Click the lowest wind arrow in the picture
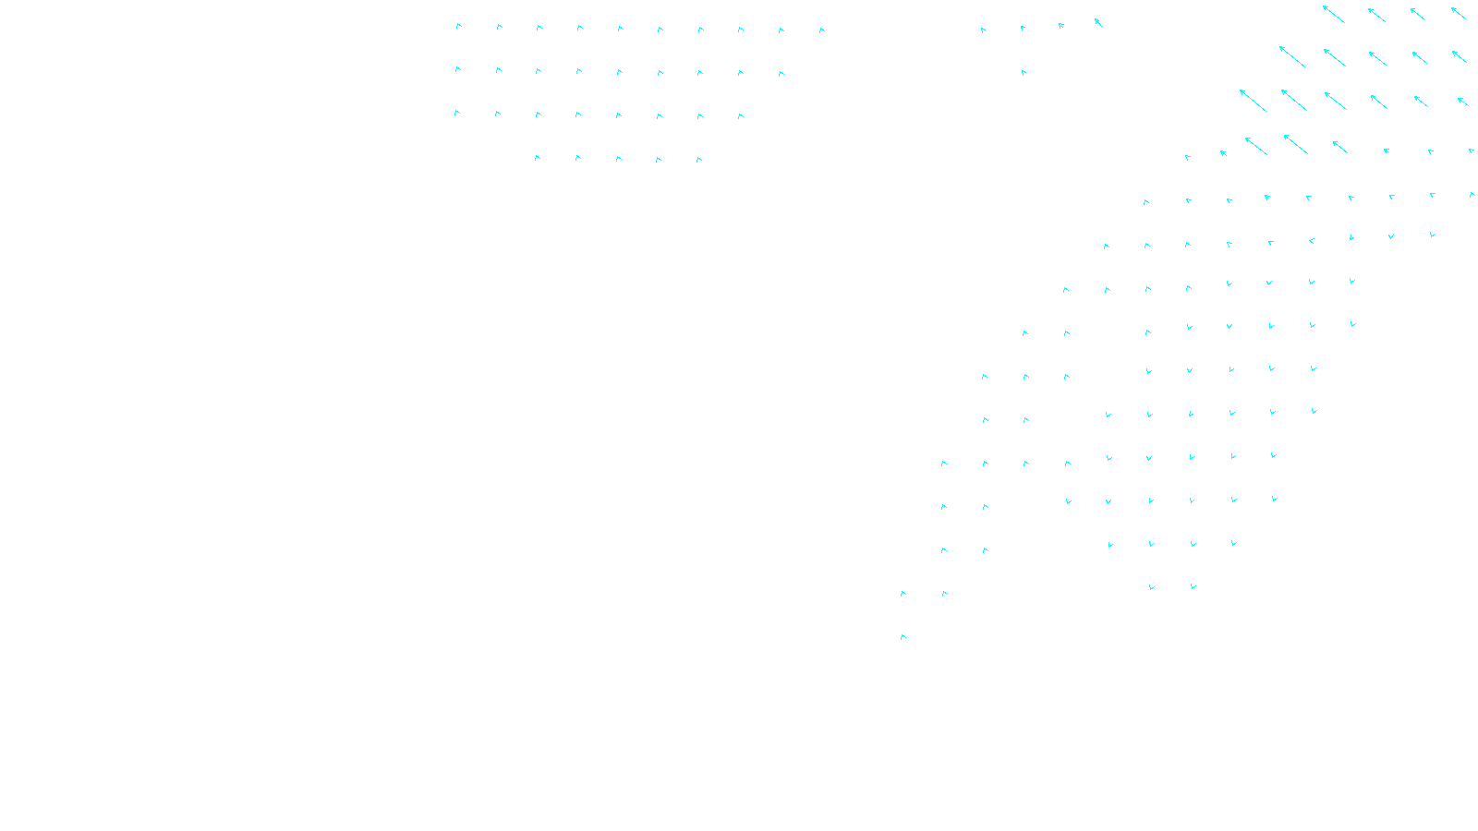coord(903,637)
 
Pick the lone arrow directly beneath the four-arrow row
coord(1024,72)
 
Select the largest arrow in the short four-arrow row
coord(1098,22)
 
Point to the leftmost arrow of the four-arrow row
coord(983,30)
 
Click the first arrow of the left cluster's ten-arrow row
coord(458,26)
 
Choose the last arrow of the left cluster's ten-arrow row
coord(821,30)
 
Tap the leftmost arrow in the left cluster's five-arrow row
coord(537,158)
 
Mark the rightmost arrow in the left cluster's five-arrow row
coord(699,160)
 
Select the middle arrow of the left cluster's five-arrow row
coord(618,159)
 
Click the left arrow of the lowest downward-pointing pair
coord(1151,587)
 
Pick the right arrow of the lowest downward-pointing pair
coord(1193,586)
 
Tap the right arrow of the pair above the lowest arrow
coord(944,594)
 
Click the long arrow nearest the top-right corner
coord(1459,13)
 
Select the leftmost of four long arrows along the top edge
coord(1333,14)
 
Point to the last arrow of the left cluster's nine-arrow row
coord(781,74)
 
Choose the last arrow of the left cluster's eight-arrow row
coord(741,116)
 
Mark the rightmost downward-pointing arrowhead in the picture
coord(1433,235)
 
